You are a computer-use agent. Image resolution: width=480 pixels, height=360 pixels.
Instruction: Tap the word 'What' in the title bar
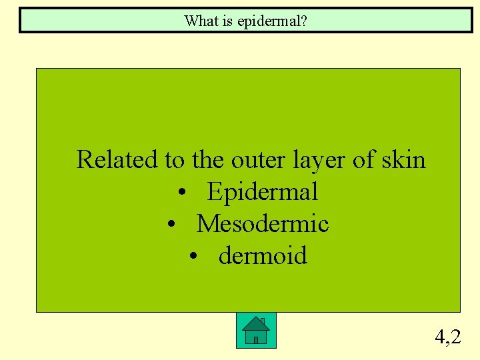tap(199, 21)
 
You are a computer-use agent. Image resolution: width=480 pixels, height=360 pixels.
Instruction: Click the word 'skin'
tap(403, 160)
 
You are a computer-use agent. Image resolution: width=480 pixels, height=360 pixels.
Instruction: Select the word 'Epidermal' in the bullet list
tap(263, 193)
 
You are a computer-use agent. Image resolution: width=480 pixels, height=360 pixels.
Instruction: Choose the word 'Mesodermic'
tap(263, 224)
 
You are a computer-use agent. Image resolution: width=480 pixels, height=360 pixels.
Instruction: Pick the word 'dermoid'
tap(263, 256)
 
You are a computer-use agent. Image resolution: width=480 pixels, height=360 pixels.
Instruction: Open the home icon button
tap(256, 331)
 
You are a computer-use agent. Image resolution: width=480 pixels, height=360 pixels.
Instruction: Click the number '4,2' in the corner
tap(447, 337)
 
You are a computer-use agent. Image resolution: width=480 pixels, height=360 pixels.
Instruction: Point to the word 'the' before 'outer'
tap(208, 160)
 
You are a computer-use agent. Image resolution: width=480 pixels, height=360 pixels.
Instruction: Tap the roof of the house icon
tap(256, 323)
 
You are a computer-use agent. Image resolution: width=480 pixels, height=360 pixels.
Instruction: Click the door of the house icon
tap(255, 339)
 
